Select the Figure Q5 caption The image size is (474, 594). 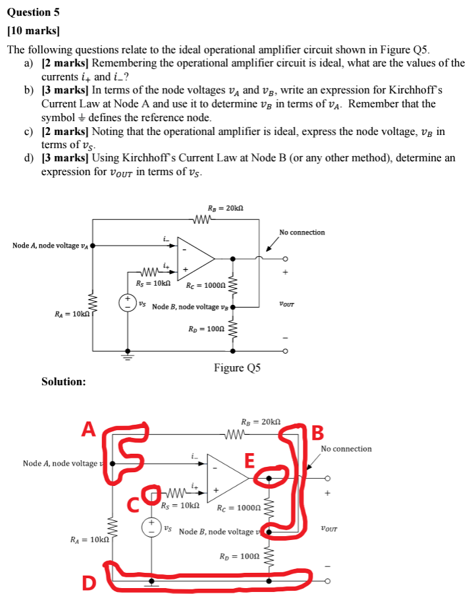pos(237,367)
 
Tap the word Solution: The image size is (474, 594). pos(63,381)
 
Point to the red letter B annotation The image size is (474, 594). pos(317,433)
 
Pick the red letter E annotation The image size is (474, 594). pos(250,460)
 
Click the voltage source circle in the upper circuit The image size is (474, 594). pos(128,304)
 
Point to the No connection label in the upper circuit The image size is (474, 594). pos(302,232)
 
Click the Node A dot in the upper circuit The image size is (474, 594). pos(92,246)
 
